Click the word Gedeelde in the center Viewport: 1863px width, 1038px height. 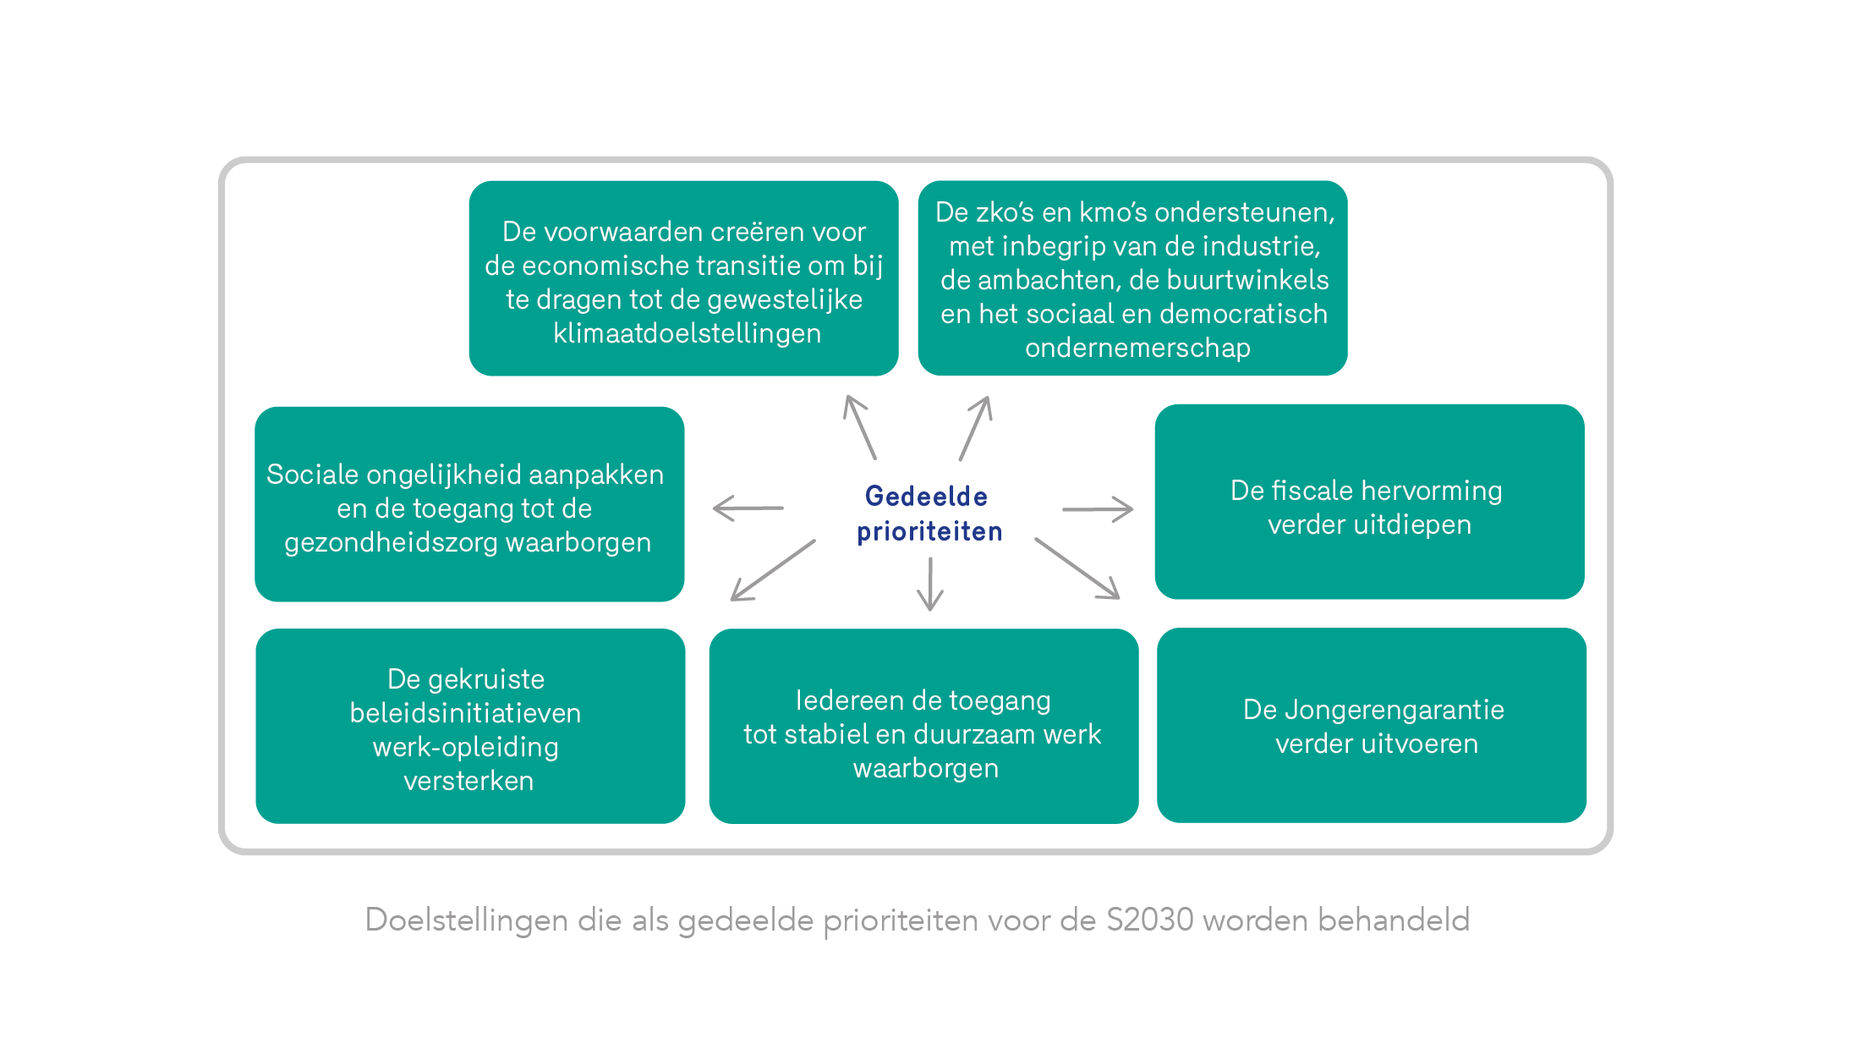coord(926,497)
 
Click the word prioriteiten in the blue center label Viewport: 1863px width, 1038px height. coord(929,532)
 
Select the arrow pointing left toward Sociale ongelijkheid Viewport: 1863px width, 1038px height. coord(748,508)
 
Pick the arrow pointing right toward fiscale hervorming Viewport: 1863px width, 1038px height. coord(1098,509)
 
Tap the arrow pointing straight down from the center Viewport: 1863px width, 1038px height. coord(930,584)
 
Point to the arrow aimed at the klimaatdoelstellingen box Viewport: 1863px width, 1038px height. coord(860,427)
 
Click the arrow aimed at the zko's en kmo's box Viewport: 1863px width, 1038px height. coord(975,428)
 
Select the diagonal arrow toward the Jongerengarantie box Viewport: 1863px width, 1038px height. coord(1077,568)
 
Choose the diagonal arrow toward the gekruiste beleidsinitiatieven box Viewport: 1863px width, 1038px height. coord(773,570)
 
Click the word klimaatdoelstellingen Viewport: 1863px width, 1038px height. coord(687,334)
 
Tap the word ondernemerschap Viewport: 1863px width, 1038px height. coord(1137,349)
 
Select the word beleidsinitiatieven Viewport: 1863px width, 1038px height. coord(465,713)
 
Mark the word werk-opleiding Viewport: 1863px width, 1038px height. coord(466,748)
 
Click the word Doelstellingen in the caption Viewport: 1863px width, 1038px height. coord(467,920)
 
